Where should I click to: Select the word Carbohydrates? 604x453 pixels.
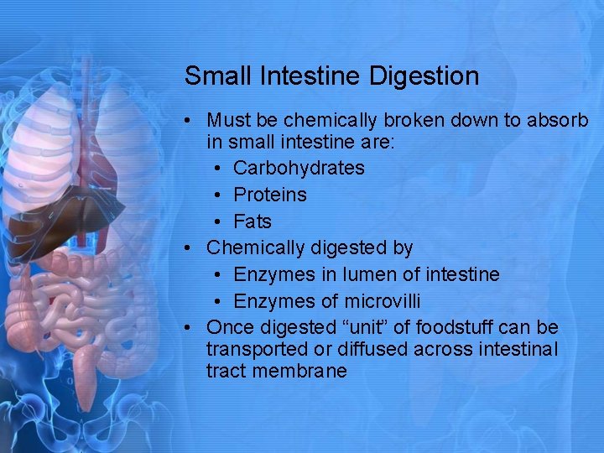coord(299,168)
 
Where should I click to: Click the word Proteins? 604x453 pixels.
coord(270,195)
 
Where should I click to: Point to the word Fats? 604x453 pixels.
coord(253,221)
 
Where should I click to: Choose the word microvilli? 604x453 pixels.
coord(383,301)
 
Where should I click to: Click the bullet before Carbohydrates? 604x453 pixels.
coord(217,169)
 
